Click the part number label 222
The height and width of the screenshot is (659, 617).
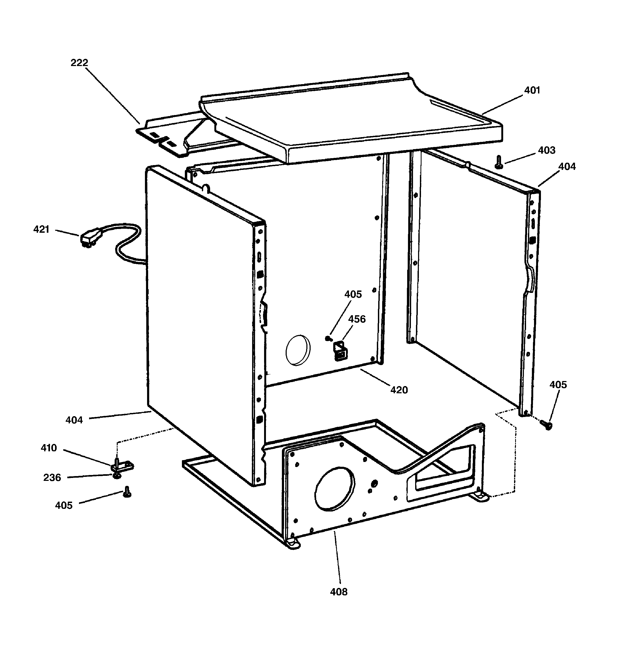point(79,63)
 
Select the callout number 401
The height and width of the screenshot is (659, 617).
point(532,90)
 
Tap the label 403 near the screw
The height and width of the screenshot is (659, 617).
point(547,150)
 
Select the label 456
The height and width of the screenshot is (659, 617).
point(357,319)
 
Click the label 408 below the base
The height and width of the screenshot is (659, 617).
point(339,592)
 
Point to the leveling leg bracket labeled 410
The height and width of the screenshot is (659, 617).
point(122,466)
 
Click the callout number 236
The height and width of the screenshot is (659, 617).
point(52,477)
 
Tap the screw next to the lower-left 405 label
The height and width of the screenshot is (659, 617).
point(127,492)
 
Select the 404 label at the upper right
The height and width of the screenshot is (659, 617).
point(567,166)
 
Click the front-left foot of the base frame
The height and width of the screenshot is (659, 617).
point(293,544)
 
